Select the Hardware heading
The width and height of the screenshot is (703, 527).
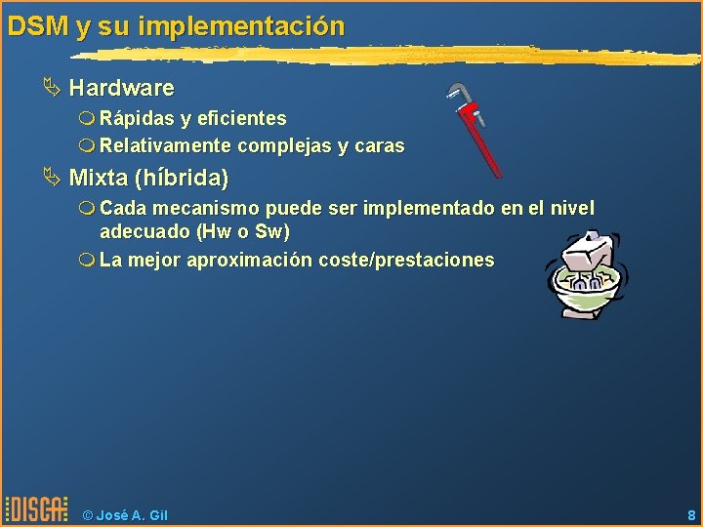pyautogui.click(x=121, y=88)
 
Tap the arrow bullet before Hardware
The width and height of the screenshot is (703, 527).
pyautogui.click(x=51, y=88)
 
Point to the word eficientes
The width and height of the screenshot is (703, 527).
pyautogui.click(x=241, y=118)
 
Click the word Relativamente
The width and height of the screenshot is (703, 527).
pyautogui.click(x=165, y=146)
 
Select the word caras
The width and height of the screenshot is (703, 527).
pyautogui.click(x=380, y=146)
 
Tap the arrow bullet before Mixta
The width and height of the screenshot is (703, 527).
pyautogui.click(x=51, y=179)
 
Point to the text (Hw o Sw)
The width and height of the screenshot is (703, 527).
pyautogui.click(x=242, y=232)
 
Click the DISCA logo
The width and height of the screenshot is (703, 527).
pyautogui.click(x=37, y=509)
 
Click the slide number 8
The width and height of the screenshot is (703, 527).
pyautogui.click(x=690, y=515)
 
